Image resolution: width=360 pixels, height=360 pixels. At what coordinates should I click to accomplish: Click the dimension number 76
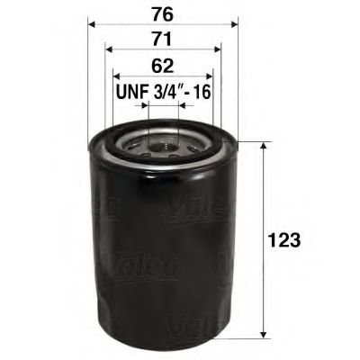163,13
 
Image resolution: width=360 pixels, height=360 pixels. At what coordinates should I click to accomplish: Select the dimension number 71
163,38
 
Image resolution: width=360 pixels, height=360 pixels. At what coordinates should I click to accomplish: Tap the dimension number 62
163,66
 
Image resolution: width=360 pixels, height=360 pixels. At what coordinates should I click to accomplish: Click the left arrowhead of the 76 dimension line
92,24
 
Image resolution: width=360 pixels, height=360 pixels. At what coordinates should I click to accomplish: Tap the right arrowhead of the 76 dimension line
234,24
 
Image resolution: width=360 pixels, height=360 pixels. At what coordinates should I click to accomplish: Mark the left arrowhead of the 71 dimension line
108,50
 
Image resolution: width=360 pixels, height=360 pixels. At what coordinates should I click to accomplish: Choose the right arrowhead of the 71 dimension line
219,50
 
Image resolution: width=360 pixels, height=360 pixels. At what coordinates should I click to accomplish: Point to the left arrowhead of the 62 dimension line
116,76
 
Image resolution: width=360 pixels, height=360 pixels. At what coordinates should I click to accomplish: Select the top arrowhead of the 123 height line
262,147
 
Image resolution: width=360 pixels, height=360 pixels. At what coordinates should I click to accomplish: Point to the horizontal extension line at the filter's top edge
252,141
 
